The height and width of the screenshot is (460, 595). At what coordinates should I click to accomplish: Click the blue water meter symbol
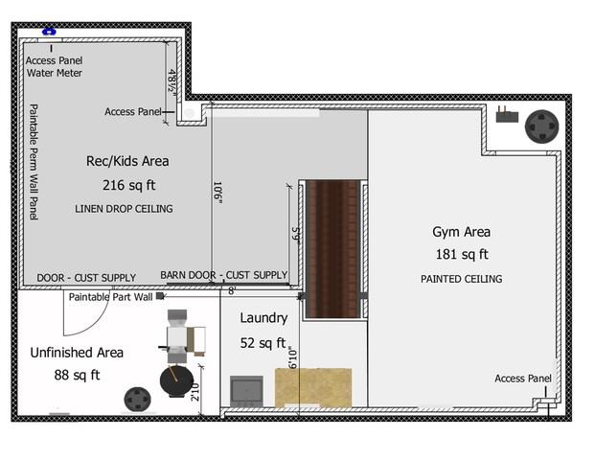(49, 32)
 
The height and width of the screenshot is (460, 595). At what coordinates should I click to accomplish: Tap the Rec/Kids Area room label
(127, 161)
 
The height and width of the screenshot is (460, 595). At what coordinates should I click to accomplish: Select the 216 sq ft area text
(129, 185)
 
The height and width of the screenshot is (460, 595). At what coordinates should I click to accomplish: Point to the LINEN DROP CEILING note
(124, 209)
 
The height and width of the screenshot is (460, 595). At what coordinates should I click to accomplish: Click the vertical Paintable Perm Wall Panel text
(34, 162)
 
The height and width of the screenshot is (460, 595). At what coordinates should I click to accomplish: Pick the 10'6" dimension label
(217, 193)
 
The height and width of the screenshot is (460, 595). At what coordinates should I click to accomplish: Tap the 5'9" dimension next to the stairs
(296, 236)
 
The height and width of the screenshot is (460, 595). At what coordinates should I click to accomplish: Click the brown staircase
(332, 249)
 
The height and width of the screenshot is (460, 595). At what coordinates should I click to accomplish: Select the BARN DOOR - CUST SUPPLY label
(224, 275)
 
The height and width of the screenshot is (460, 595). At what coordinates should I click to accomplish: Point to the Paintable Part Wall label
(110, 297)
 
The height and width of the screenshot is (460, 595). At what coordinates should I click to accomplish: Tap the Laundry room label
(263, 317)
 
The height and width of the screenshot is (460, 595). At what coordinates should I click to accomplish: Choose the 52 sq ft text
(263, 343)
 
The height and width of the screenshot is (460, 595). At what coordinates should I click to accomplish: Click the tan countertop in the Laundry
(313, 387)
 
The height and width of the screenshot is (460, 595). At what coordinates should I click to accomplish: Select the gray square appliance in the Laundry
(246, 391)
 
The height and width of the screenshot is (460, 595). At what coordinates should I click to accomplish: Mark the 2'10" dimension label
(195, 392)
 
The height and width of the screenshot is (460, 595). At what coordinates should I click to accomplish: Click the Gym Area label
(462, 232)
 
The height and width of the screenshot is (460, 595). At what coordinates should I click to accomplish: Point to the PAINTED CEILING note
(462, 279)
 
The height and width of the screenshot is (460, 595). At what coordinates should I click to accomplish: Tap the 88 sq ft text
(77, 375)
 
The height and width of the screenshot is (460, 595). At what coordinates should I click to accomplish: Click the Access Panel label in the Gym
(523, 379)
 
